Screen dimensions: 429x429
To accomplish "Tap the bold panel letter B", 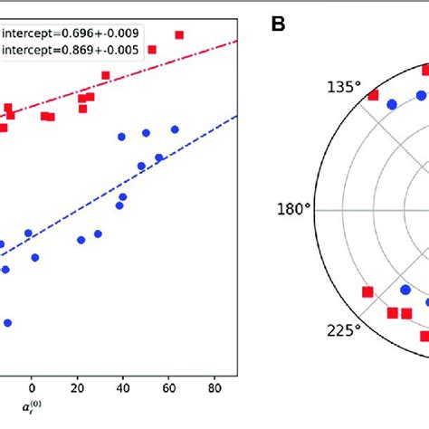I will (x=280, y=24).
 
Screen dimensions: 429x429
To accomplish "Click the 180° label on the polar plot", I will (x=292, y=210).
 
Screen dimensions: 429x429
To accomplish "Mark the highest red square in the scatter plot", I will (x=179, y=34).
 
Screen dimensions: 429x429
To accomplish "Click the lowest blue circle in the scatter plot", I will (x=8, y=322).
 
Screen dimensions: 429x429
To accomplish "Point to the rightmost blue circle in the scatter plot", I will (x=175, y=129).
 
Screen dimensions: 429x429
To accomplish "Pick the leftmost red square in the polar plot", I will (x=367, y=291).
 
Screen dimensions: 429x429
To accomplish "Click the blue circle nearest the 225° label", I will (x=405, y=291).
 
